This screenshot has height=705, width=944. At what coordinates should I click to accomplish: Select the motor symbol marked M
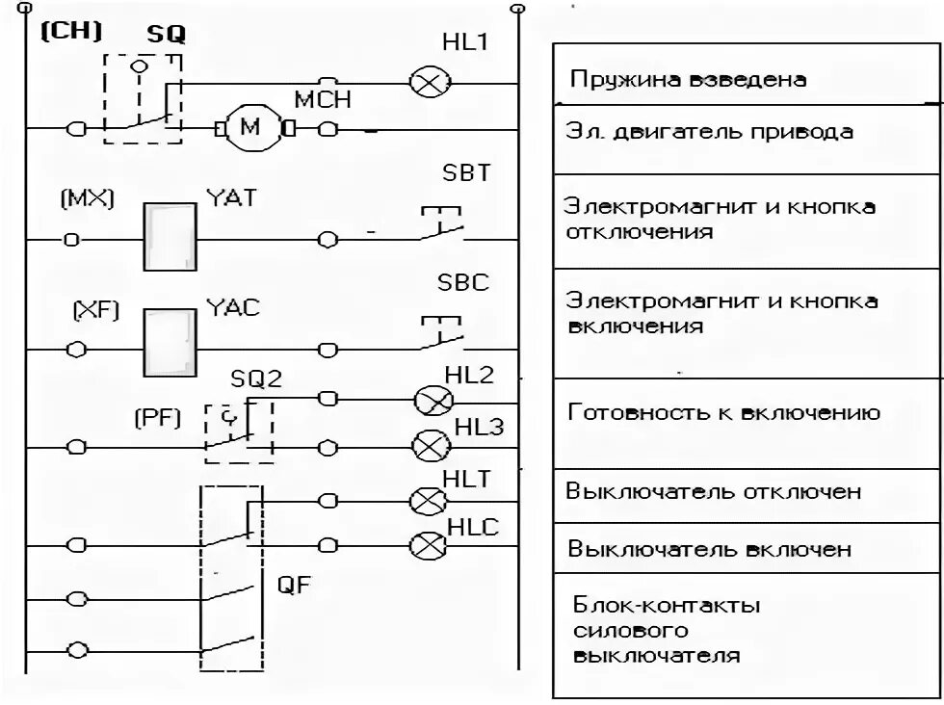coord(249,128)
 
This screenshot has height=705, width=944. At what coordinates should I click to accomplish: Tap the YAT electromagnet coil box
coord(170,237)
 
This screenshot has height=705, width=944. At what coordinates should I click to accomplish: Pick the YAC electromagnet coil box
coord(170,342)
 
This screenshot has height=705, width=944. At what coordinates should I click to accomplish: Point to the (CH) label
coord(71,31)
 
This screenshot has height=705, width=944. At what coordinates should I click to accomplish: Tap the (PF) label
coord(157,419)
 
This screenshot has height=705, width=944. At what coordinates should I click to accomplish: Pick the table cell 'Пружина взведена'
coord(688,80)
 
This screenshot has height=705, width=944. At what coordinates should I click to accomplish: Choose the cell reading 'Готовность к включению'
coord(722,414)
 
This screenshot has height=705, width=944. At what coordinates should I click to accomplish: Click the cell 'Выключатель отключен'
coord(713,492)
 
